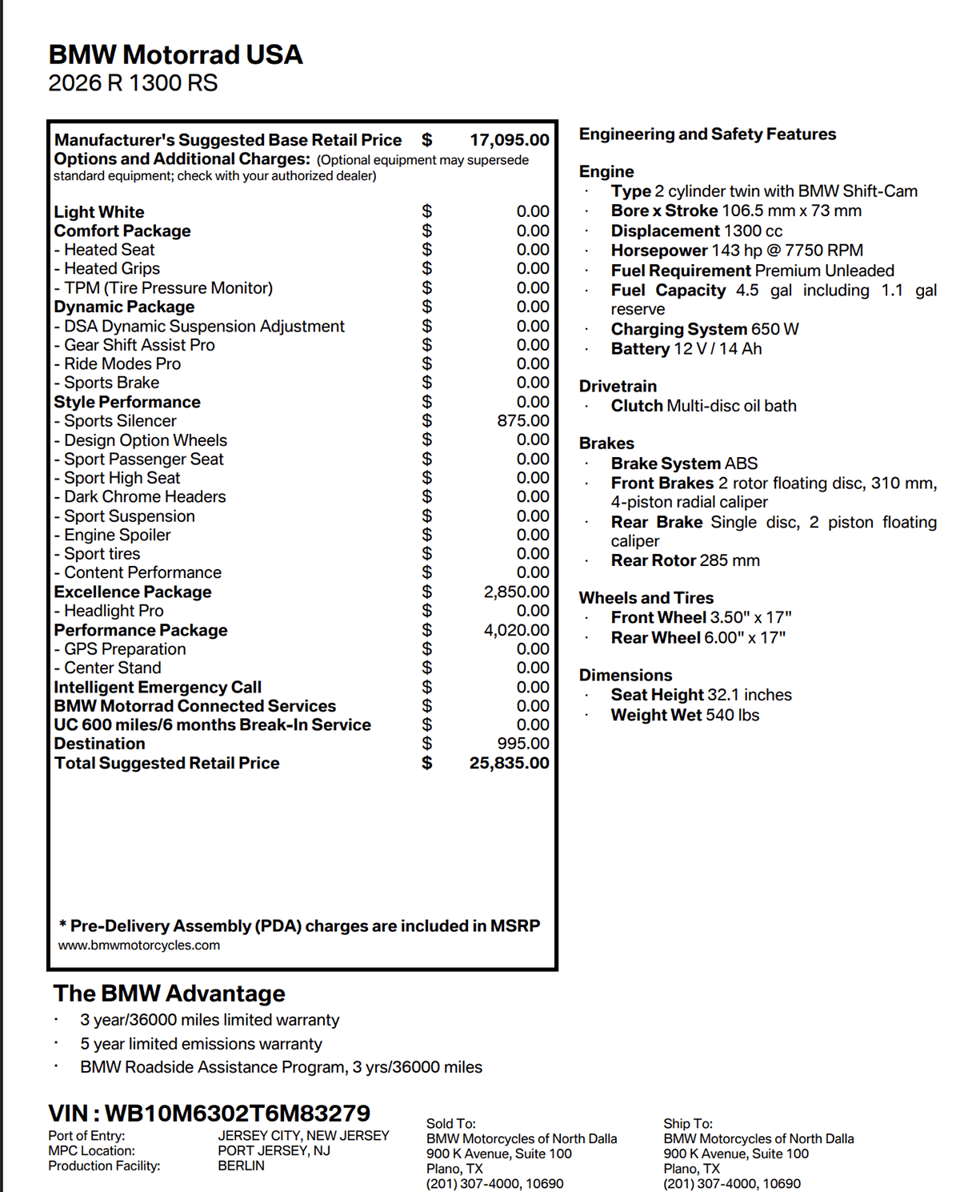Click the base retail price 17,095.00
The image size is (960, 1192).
point(509,140)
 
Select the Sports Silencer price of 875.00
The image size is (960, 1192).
point(522,420)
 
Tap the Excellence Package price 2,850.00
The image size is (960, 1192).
point(516,592)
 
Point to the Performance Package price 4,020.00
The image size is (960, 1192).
point(516,630)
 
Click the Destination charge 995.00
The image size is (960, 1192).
point(522,743)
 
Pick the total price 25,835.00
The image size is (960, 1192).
point(509,763)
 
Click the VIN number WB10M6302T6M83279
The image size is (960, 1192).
point(237,1113)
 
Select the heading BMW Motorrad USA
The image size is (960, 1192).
point(175,54)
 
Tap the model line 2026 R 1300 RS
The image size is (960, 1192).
point(133,83)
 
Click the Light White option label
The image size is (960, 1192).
point(99,212)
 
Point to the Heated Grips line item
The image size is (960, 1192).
point(111,268)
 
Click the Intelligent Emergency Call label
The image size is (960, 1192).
point(158,687)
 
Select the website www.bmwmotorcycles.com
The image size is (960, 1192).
point(139,945)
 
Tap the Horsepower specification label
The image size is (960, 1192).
point(659,251)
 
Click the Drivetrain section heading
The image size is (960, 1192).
point(618,386)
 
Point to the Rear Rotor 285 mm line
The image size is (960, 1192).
point(685,560)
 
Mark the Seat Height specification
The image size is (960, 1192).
point(701,695)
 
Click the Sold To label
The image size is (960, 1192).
point(450,1124)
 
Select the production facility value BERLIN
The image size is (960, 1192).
point(241,1166)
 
